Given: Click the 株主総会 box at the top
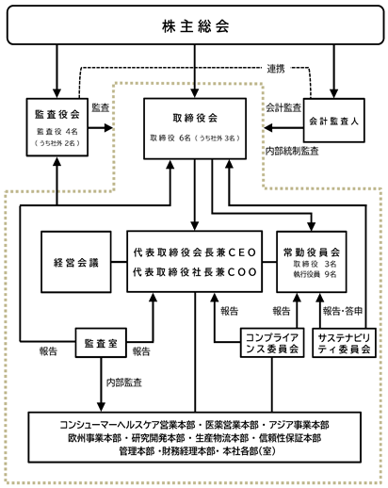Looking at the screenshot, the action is tap(195, 24).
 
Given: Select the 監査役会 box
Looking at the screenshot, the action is tap(57, 127).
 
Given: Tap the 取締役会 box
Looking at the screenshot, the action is tap(195, 128).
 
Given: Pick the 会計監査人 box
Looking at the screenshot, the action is tap(333, 121).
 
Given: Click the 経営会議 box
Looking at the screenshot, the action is tap(76, 262).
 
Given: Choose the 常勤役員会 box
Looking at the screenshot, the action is tap(312, 262).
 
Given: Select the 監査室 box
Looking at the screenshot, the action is tap(101, 343).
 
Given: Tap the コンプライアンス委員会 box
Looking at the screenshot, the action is tap(272, 343).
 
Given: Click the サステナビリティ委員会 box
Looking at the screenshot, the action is tap(344, 343).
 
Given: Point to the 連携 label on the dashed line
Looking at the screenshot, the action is tap(276, 69).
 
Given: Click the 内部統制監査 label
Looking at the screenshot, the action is tap(292, 151).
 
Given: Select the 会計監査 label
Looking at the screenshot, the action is tap(283, 107).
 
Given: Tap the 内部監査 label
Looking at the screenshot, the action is tap(124, 382).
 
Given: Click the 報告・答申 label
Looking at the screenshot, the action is tap(343, 311).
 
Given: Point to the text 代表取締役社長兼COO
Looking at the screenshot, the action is tap(195, 272).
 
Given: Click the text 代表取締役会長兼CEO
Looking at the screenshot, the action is tap(195, 252).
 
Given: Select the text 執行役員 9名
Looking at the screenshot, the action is tap(315, 274).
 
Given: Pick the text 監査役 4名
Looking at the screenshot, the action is tap(57, 132).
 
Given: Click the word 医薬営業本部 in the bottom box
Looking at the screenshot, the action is tap(232, 425).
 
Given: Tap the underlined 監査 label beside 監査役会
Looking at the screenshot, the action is tap(101, 107).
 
